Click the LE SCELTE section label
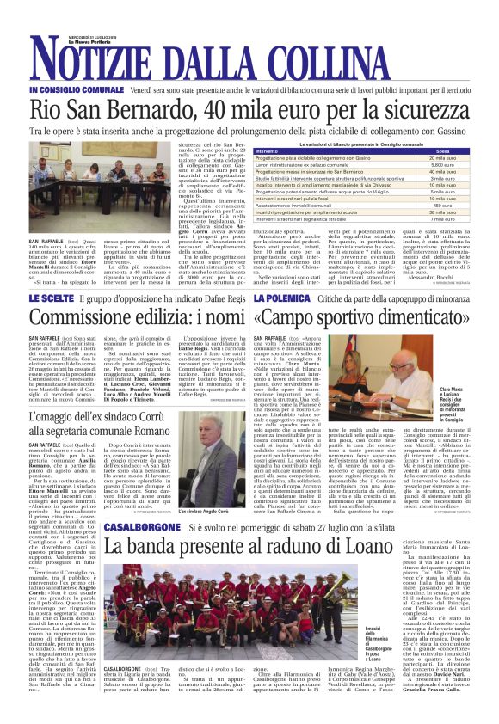(x=51, y=297)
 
